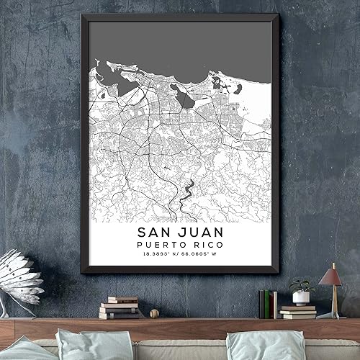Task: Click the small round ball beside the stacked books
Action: coord(153,313)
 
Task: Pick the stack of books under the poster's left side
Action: coord(119,307)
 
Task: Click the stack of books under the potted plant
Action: coord(298,312)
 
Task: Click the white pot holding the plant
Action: coord(301,298)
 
